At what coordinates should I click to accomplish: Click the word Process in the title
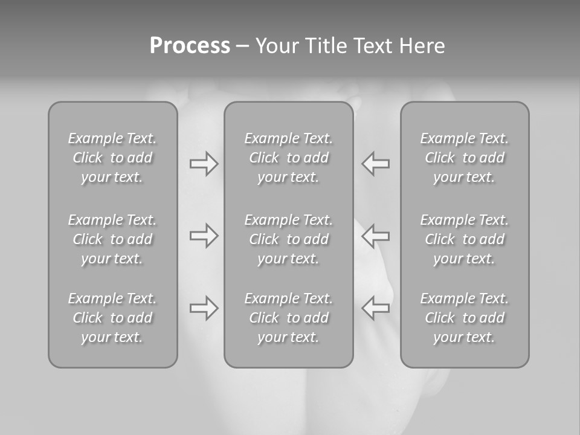pos(190,46)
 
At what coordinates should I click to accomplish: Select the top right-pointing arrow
pos(204,164)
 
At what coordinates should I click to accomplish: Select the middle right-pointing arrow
pos(204,235)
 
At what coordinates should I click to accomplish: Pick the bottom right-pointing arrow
pos(204,308)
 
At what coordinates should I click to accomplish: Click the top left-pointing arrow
pos(375,164)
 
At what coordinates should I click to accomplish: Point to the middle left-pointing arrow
pos(375,235)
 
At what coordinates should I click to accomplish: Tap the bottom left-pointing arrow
pos(375,308)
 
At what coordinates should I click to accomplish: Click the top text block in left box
pos(112,158)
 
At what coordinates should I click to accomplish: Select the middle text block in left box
pos(112,239)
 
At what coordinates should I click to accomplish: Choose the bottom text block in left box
pos(112,318)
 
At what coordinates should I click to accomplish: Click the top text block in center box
pos(288,158)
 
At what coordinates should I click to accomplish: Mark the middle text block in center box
pos(288,239)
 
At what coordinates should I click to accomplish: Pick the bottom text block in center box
pos(288,318)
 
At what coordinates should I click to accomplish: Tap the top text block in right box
pos(465,158)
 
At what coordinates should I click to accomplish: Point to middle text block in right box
pos(465,239)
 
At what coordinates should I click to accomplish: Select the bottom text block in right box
pos(465,318)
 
